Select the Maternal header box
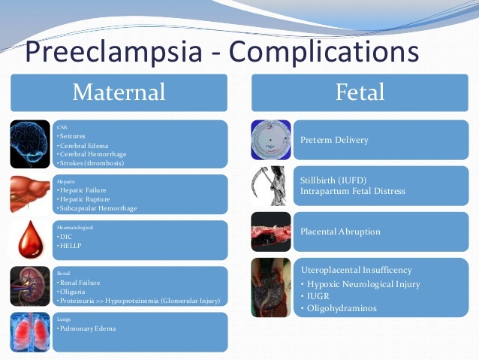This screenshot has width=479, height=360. [119, 92]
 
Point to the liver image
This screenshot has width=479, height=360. [31, 194]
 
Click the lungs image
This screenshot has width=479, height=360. [31, 332]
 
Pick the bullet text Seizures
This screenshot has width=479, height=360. [73, 136]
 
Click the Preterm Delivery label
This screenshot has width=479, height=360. [334, 140]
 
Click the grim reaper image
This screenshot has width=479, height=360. [270, 187]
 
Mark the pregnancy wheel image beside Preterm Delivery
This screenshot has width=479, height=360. [270, 141]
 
